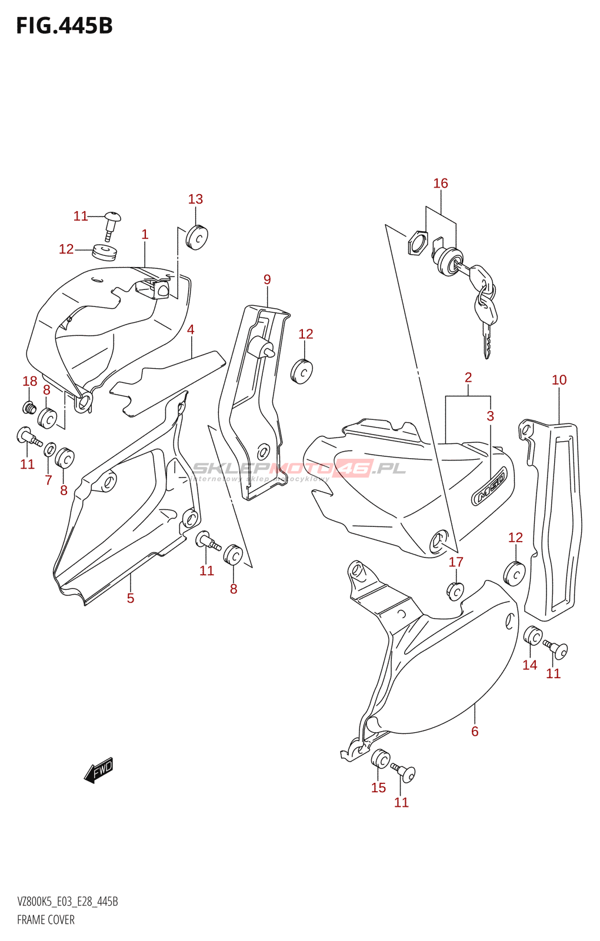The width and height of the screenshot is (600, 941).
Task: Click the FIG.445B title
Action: point(64,26)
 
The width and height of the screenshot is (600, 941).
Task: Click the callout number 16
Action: point(441,183)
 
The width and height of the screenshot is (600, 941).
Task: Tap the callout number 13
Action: point(195,199)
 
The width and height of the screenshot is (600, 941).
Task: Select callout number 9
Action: point(267,279)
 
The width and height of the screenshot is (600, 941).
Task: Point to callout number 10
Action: point(559,380)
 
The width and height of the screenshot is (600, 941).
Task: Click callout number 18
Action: point(30,381)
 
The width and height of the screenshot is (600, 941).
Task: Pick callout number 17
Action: point(456,562)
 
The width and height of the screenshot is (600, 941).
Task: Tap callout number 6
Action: point(475,732)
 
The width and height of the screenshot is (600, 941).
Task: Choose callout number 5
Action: point(131,598)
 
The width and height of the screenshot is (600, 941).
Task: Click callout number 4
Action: point(191,330)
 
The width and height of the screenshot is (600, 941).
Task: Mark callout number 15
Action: point(378,787)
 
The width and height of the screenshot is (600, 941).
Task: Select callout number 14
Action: point(529,665)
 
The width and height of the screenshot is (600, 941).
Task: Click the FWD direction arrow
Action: point(99,770)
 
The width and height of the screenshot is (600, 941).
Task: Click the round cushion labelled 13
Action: point(197,237)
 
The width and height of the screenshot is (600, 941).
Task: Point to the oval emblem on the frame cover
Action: point(489,486)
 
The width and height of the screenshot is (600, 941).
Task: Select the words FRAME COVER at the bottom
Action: point(46,920)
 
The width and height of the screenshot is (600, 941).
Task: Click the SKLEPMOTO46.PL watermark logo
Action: point(299,469)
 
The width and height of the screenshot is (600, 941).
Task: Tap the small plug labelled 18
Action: point(29,406)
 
